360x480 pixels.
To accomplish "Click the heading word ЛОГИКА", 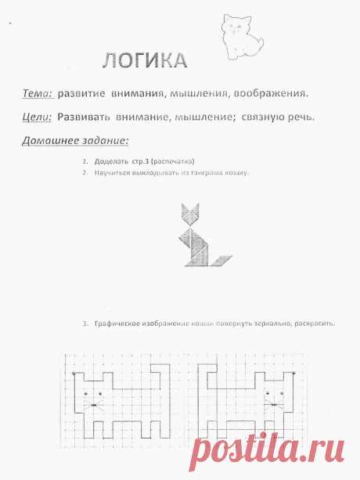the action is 144,60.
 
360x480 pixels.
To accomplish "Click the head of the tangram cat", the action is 189,213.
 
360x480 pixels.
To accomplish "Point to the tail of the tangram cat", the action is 221,259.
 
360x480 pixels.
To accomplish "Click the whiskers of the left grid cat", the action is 95,405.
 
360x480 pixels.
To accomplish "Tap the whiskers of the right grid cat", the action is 272,405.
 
